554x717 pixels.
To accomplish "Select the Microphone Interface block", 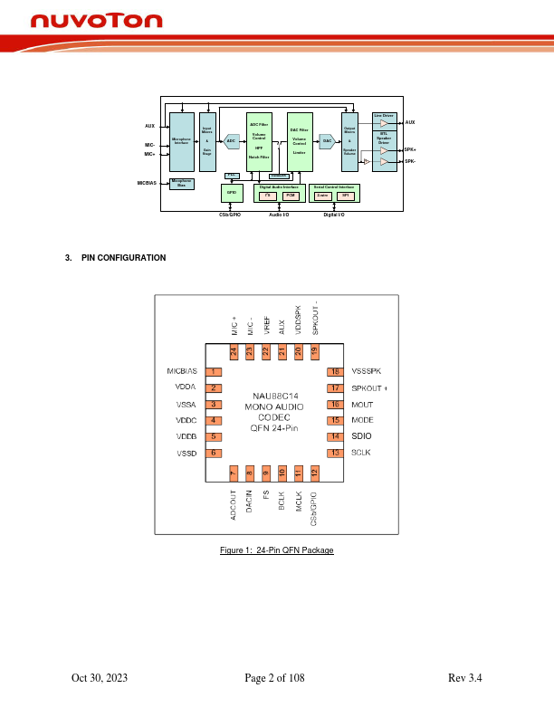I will tap(182, 142).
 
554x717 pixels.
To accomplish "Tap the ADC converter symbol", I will tap(232, 141).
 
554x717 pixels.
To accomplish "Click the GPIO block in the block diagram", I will tap(232, 193).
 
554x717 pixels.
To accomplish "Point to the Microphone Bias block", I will tap(182, 183).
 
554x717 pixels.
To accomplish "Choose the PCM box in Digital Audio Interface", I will tap(291, 196).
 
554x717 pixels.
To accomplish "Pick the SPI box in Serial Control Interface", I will tap(345, 196).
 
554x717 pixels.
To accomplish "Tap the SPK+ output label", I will tap(410, 149).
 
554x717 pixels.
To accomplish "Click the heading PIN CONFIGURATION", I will tap(123, 258).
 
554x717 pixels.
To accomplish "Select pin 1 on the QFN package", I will tap(214, 371).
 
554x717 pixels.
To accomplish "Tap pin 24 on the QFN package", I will tap(233, 350).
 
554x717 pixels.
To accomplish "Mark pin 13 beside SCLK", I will tap(335, 453).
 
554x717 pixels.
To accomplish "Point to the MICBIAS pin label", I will tap(182, 371).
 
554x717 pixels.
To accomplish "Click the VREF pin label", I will tap(265, 325).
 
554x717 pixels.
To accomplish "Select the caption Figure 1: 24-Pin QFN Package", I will tap(277, 551).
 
